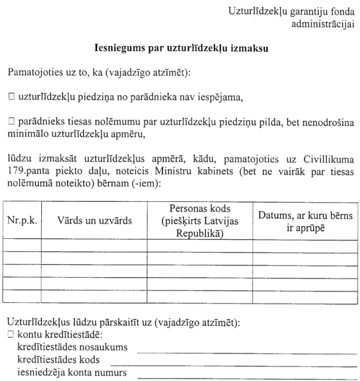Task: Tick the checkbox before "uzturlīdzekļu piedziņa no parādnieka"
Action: pos(11,97)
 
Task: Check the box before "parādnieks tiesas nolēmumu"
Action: pos(11,121)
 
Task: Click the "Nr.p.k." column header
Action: pos(22,220)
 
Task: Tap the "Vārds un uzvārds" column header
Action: pos(94,220)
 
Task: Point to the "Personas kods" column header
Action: pos(199,220)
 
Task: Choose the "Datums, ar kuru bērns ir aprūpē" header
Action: pos(305,220)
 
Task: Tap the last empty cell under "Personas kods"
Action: pos(199,297)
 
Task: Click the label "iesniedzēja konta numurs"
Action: pos(69,372)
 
